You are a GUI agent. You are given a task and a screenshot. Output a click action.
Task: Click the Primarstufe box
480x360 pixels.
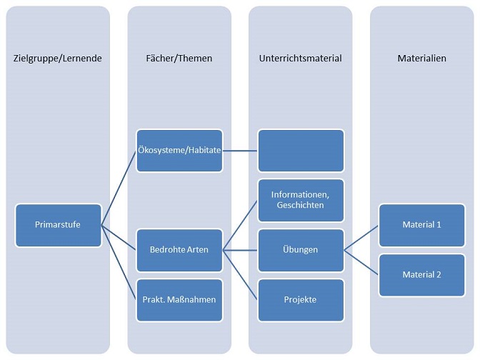[x=58, y=225]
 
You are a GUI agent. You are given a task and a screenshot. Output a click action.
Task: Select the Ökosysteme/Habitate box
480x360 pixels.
[x=179, y=150]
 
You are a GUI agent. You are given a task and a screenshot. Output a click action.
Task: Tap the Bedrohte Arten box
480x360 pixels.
[x=179, y=249]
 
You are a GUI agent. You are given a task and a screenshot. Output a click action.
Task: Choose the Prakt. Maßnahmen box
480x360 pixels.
[x=179, y=299]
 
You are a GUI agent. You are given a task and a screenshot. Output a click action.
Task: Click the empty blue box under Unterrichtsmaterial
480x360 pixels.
[x=301, y=150]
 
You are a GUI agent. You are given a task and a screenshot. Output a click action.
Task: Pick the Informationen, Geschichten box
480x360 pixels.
[x=301, y=200]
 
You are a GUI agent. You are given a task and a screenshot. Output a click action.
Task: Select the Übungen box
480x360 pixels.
[x=301, y=249]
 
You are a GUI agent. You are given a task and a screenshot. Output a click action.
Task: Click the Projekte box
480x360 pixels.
[x=301, y=299]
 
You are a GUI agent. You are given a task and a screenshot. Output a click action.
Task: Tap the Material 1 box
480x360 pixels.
[x=422, y=224]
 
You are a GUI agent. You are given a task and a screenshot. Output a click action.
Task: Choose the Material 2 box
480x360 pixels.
[x=422, y=274]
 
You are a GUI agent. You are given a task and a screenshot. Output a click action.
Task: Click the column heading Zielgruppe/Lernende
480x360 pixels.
[x=58, y=59]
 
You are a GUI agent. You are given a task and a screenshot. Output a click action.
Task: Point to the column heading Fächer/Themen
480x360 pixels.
[x=179, y=59]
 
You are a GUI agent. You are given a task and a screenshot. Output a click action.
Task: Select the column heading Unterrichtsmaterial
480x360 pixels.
[x=301, y=59]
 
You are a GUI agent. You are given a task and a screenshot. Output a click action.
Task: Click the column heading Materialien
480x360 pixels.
[x=422, y=59]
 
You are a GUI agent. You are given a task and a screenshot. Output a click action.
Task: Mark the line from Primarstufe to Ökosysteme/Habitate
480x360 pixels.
[x=119, y=188]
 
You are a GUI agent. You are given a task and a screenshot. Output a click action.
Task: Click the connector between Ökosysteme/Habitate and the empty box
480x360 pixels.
[x=240, y=150]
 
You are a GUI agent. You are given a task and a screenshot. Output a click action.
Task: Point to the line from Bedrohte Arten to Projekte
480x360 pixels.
[x=240, y=274]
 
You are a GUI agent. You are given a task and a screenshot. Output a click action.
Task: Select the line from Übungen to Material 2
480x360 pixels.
[x=361, y=262]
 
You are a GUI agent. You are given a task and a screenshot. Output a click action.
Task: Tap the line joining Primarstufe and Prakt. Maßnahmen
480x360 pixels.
[x=119, y=262]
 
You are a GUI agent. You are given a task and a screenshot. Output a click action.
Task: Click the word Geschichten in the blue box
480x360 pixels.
[x=301, y=206]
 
